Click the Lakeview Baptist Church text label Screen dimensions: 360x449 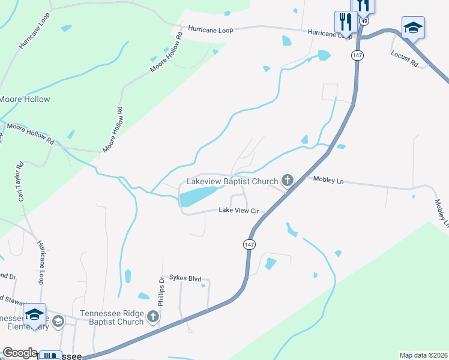(x=232, y=181)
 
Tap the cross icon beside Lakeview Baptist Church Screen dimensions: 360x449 (x=288, y=180)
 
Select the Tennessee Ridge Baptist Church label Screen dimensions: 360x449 (x=112, y=317)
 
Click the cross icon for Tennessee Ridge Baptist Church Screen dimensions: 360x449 (x=153, y=316)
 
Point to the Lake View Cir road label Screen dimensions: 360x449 (x=238, y=211)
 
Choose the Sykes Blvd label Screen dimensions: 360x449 (x=185, y=278)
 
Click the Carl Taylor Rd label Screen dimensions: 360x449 (x=20, y=181)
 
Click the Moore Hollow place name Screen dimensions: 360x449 (x=25, y=99)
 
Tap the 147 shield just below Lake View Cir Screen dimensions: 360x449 (x=249, y=244)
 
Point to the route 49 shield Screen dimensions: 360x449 (x=364, y=21)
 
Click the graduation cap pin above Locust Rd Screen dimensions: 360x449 (x=413, y=28)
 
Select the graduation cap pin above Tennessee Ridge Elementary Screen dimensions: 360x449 (x=35, y=316)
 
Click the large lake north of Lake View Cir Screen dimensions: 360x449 (x=197, y=196)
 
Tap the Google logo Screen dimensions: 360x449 (x=20, y=353)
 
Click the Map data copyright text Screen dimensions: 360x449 (x=423, y=355)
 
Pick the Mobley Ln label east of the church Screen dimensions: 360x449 (x=328, y=179)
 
